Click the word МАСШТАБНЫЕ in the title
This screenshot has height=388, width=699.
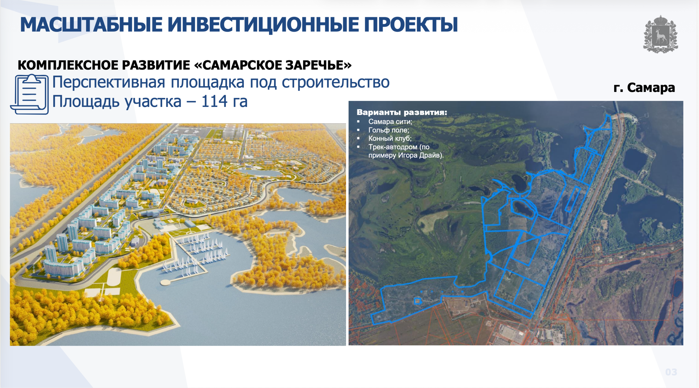click(91, 25)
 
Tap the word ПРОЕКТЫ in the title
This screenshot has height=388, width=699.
click(411, 25)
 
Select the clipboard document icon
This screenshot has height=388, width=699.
click(29, 94)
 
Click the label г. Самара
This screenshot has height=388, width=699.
click(644, 88)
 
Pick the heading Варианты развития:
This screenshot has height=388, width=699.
click(402, 112)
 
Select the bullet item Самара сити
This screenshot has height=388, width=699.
click(390, 122)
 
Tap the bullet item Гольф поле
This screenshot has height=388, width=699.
click(389, 130)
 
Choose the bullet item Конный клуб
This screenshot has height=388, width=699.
click(390, 139)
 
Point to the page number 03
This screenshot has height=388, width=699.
click(671, 372)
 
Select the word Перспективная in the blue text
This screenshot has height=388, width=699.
click(109, 82)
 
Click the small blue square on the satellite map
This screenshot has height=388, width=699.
click(417, 301)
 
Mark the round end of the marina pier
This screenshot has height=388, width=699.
click(165, 282)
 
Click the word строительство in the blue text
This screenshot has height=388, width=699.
click(336, 82)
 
